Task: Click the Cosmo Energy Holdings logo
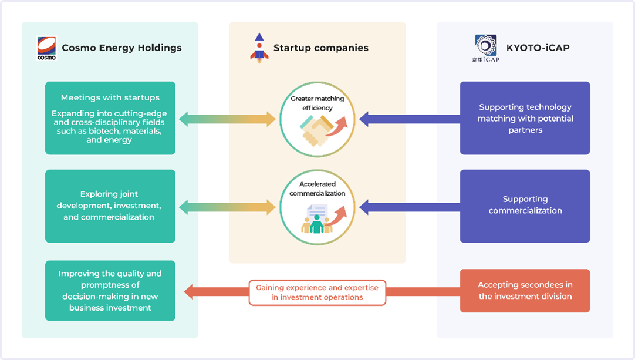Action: (46, 48)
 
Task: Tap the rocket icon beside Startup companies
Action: (258, 48)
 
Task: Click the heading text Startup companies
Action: (320, 48)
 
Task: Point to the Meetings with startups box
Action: (110, 118)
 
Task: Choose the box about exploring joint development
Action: (110, 206)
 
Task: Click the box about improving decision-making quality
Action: (110, 291)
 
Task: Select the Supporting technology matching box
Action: (525, 118)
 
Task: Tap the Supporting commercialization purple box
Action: (525, 206)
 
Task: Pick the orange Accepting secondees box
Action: (525, 291)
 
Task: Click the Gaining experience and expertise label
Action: (317, 292)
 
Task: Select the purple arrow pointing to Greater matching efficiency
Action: (408, 119)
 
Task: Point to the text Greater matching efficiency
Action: (317, 103)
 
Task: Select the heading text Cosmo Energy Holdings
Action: (121, 48)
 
